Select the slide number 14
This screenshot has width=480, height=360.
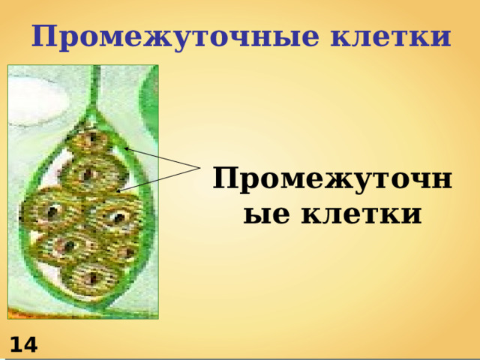[23, 345]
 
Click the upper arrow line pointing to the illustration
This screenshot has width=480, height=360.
[165, 158]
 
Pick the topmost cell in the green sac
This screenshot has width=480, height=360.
[91, 140]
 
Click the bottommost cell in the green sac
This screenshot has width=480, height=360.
[89, 277]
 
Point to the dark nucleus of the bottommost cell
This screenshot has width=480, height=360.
[91, 279]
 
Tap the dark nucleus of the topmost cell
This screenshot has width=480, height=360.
[91, 140]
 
